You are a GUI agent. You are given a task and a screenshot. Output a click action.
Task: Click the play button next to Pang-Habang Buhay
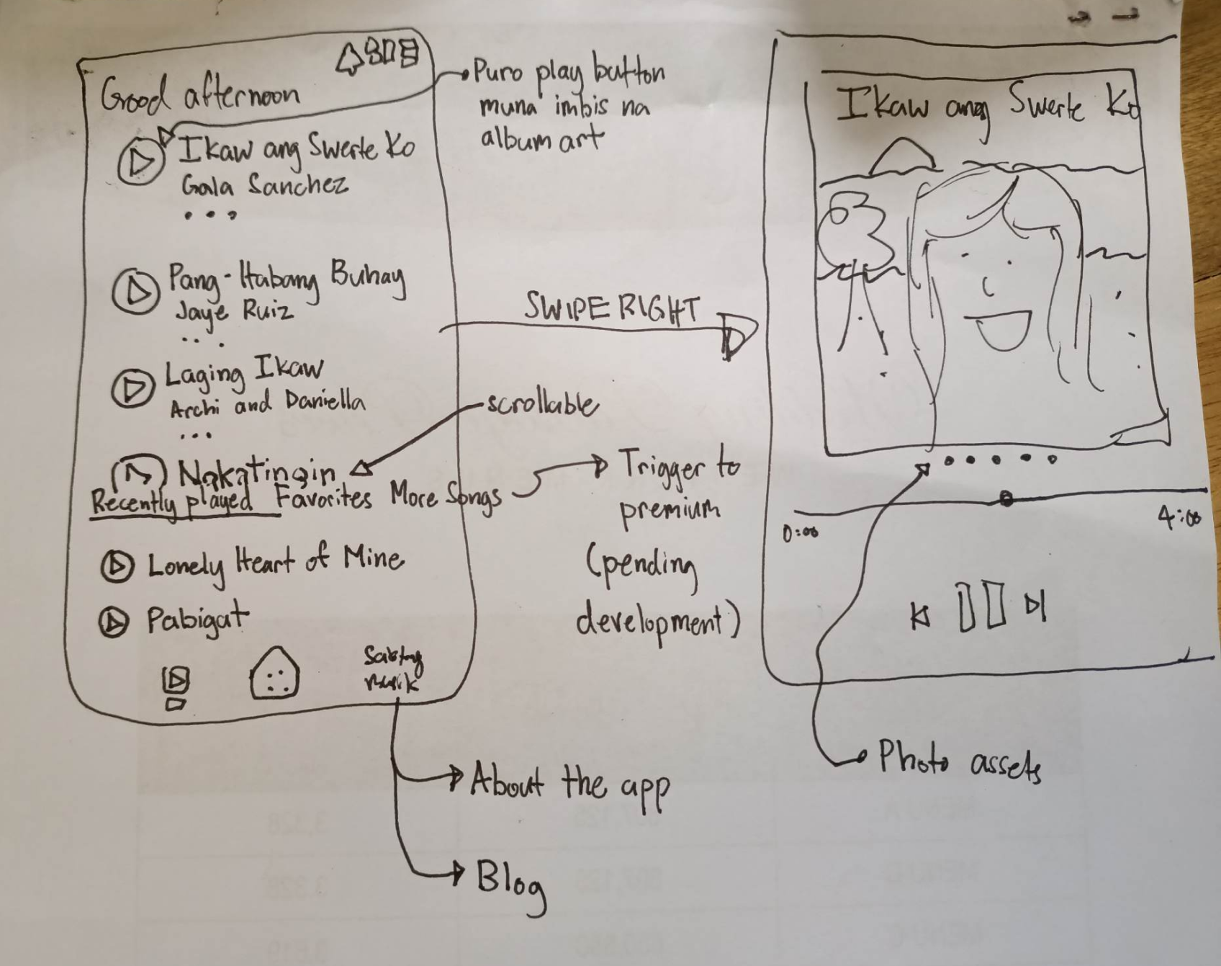coord(136,292)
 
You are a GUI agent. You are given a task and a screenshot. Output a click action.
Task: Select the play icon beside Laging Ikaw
coord(132,388)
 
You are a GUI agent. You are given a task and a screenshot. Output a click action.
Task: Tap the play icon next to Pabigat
coord(113,622)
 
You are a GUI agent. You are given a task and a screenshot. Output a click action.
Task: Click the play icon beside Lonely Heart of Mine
coord(117,566)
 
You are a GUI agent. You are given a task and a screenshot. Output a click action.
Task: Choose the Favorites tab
coord(323,498)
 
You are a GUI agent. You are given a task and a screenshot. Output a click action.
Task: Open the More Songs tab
coord(445,498)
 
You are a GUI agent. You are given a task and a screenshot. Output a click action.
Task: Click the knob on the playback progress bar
coord(1006,498)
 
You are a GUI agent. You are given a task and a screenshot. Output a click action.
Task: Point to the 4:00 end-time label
coord(1179,517)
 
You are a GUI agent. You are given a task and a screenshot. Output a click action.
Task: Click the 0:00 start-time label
coord(800,533)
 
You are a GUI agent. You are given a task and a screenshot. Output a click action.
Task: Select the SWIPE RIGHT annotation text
coord(610,309)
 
